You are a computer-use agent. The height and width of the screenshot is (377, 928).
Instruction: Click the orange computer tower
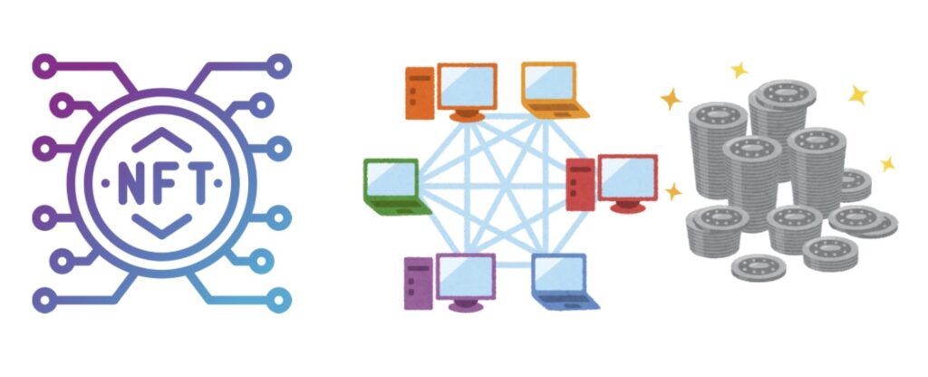[419, 93]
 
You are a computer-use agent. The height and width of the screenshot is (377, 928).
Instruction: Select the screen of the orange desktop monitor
[467, 85]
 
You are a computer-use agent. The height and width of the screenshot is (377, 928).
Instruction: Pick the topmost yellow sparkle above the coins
[739, 70]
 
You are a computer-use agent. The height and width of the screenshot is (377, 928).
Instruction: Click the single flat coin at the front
[758, 267]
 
